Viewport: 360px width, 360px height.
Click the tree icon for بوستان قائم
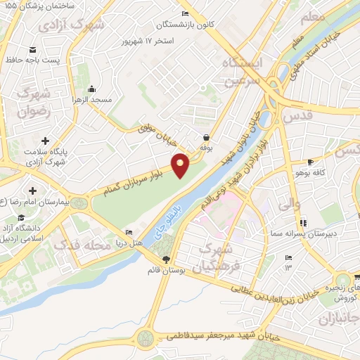tap(166, 259)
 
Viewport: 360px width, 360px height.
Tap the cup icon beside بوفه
tap(206, 138)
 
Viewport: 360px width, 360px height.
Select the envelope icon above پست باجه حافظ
tap(33, 50)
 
